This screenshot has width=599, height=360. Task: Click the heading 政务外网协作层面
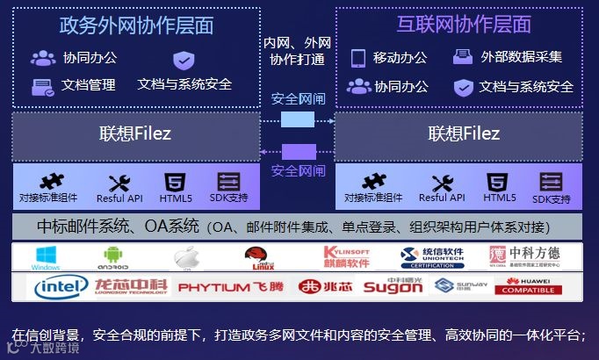136,25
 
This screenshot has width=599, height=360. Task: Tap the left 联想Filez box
136,134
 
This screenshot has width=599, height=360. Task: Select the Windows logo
45,256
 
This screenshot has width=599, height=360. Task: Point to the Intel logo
60,286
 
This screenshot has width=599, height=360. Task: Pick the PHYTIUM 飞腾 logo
230,287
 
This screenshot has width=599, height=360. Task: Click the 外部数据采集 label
521,58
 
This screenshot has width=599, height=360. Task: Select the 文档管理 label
89,85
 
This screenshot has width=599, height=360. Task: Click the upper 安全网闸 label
297,98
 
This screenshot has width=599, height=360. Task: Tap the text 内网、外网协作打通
297,51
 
